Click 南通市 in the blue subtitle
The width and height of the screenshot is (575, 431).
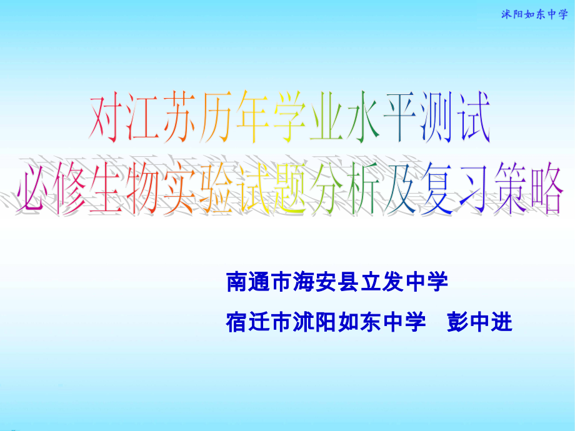pos(258,284)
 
